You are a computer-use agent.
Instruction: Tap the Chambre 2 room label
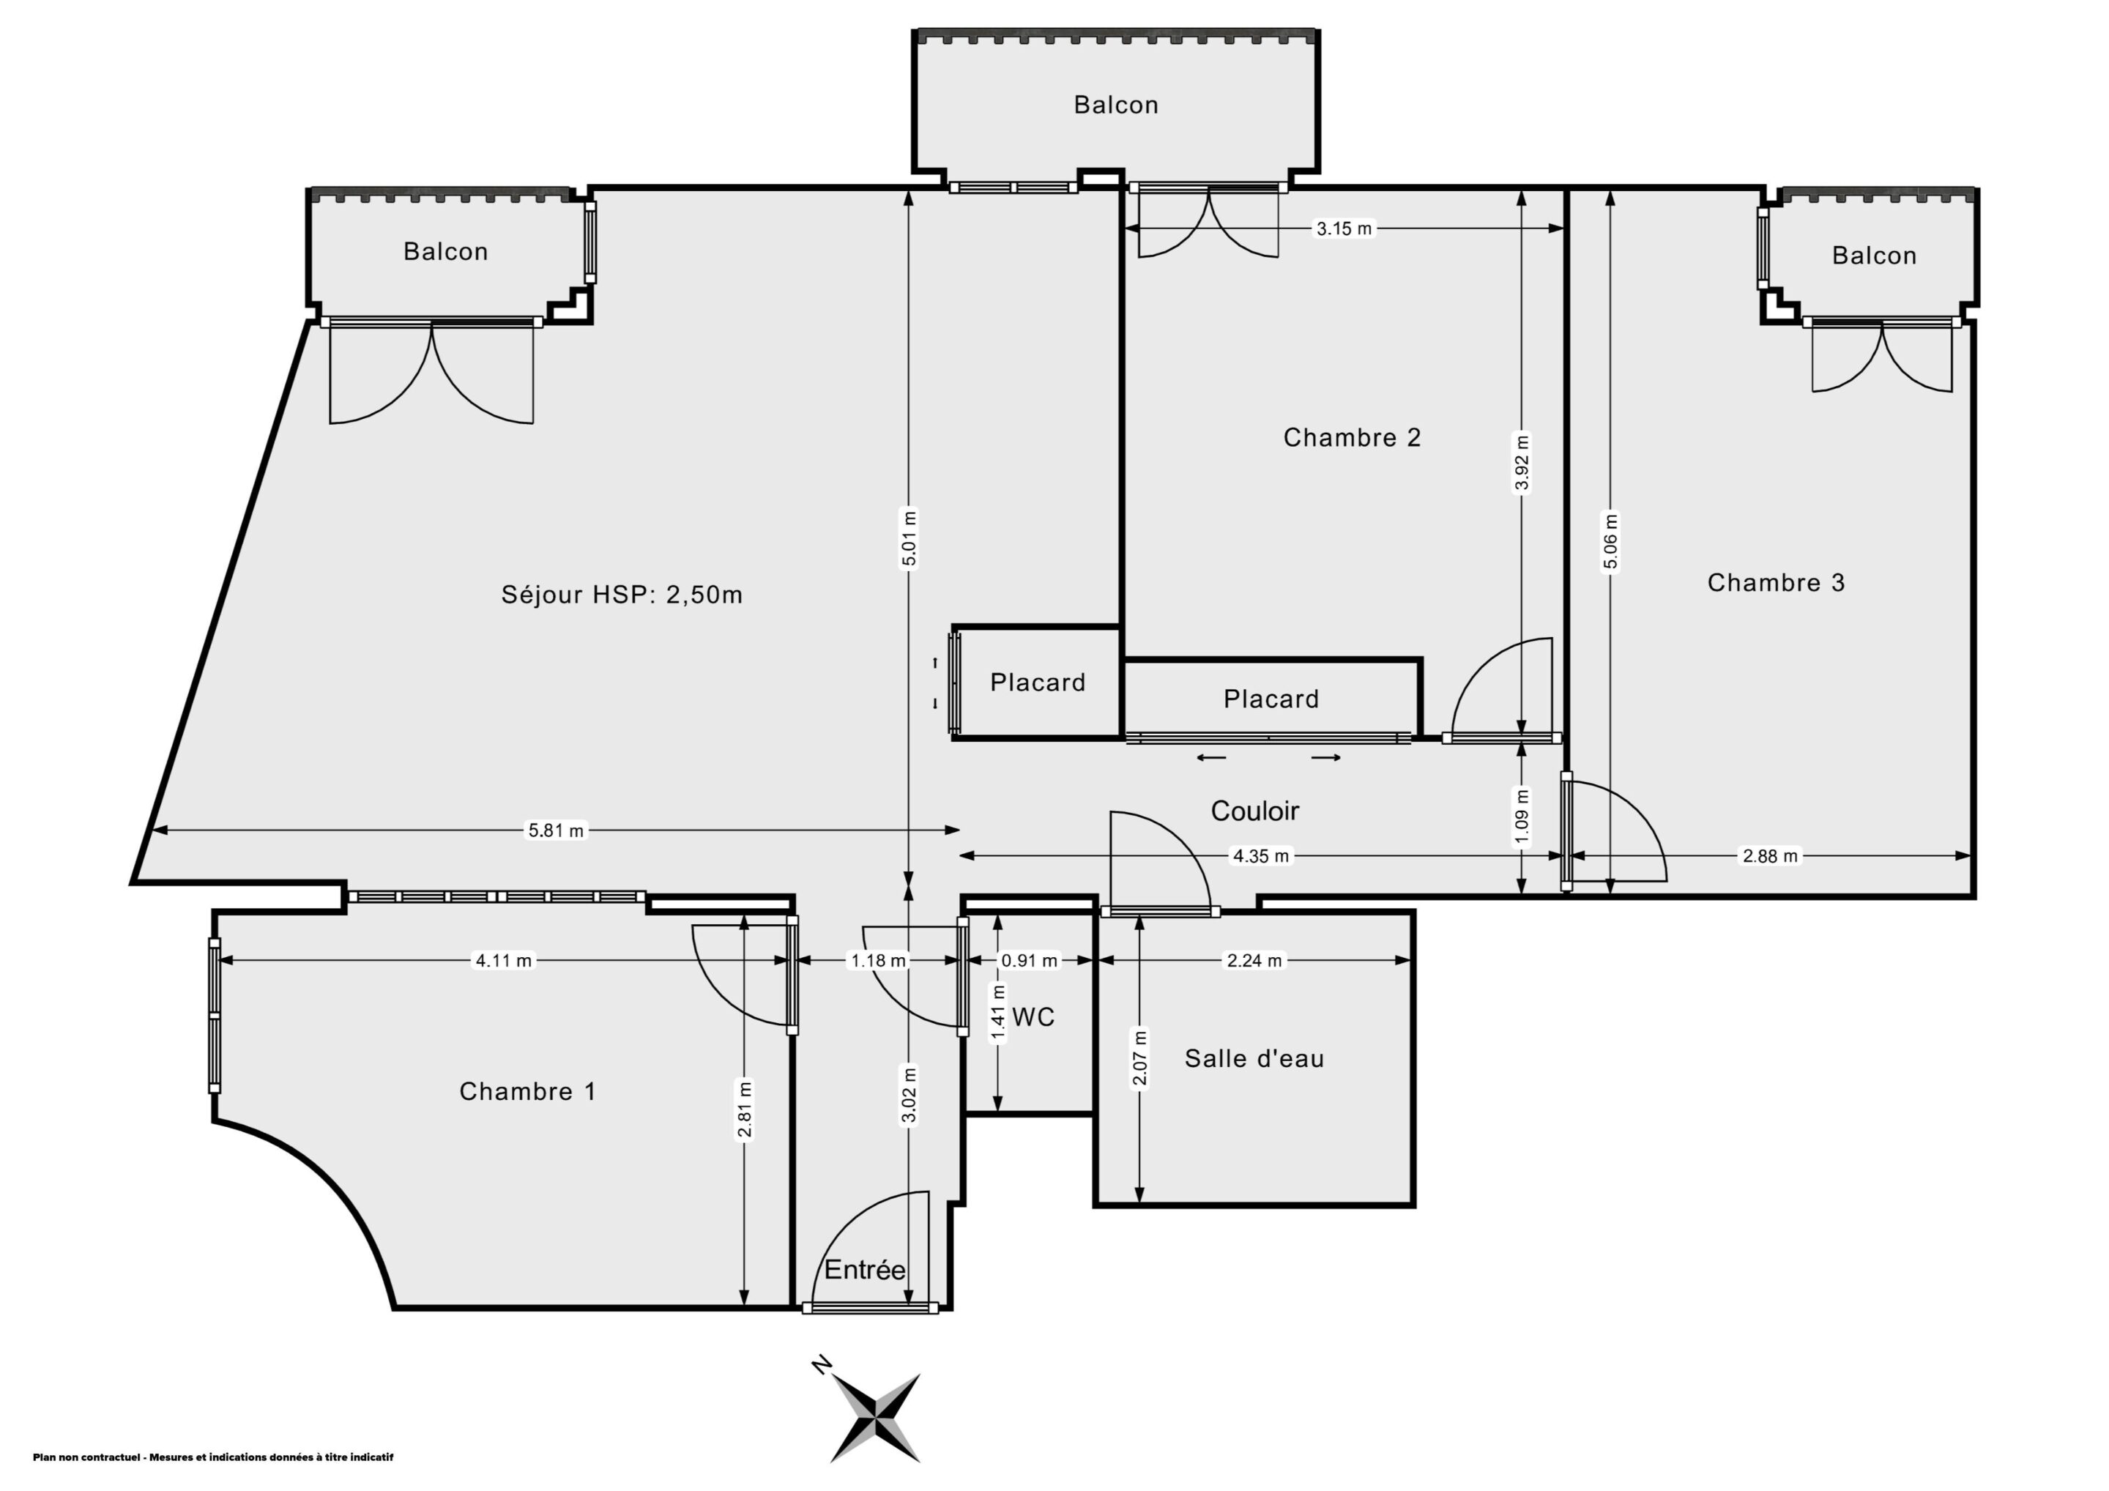tap(1352, 437)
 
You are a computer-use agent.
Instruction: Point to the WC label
tap(1033, 1017)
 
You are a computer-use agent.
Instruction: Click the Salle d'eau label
tap(1254, 1058)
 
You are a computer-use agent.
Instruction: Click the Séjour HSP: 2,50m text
tap(622, 595)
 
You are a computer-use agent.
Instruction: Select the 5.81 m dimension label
tap(556, 830)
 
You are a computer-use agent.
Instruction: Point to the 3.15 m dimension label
tap(1344, 228)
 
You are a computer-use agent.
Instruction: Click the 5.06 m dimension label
tap(1610, 541)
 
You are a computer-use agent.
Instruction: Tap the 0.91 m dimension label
tap(1030, 961)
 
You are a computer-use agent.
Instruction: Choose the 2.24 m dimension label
tap(1254, 961)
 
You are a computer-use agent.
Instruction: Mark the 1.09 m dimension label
tap(1522, 817)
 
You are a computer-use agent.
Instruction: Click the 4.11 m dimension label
tap(503, 961)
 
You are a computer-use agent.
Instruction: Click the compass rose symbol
tap(875, 1419)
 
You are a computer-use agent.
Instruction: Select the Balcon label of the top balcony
tap(1116, 105)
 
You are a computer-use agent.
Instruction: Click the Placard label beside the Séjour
tap(1038, 683)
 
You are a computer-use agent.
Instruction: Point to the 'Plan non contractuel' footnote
tap(213, 1457)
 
